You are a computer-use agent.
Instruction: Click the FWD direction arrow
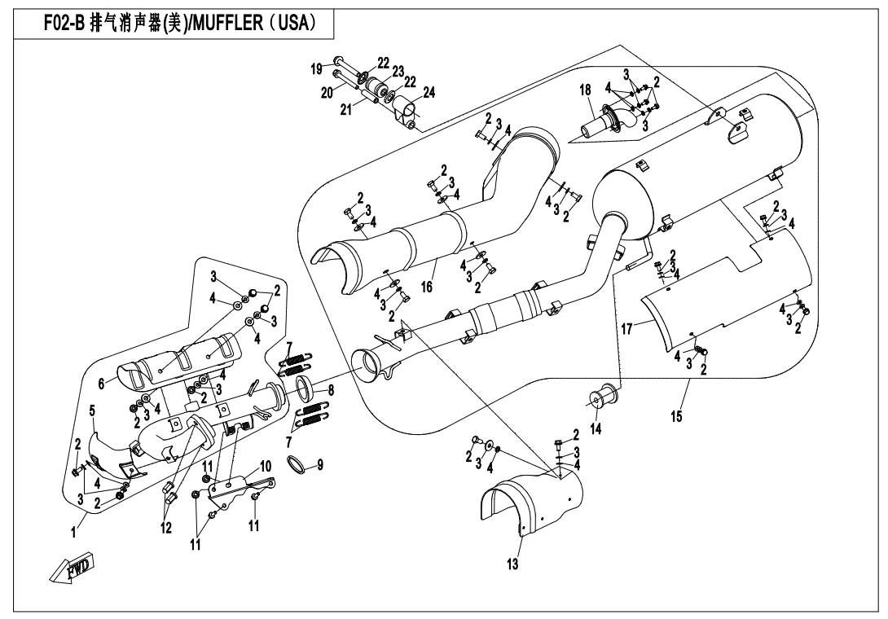(72, 564)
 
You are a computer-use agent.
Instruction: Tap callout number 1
(73, 532)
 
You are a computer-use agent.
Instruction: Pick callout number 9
(320, 465)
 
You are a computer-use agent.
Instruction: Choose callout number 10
(265, 466)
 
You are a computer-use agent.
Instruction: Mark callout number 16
(425, 288)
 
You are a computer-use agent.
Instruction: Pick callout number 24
(429, 93)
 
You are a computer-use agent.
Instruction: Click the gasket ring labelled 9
(299, 465)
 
